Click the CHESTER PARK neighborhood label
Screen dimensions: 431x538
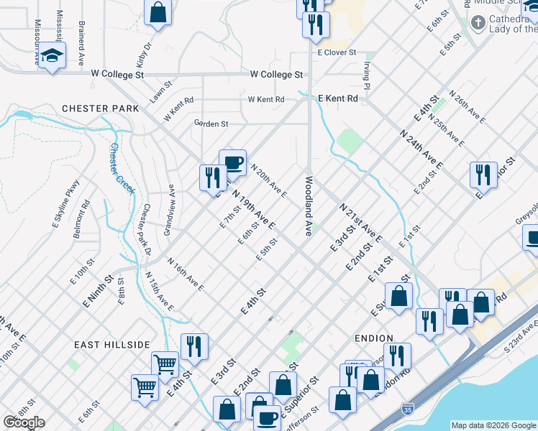tap(100, 108)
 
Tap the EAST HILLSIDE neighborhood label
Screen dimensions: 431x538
tap(111, 345)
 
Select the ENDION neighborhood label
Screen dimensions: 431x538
tap(373, 338)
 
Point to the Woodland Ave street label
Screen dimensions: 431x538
tap(308, 206)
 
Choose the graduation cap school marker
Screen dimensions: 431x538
tap(52, 56)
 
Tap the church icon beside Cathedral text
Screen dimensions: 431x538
tap(478, 22)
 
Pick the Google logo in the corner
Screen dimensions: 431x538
tap(24, 422)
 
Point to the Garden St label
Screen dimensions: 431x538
tap(211, 124)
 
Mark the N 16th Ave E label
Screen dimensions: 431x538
tap(186, 274)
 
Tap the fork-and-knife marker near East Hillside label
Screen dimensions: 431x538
tap(194, 346)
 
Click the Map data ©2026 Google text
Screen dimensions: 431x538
tap(493, 425)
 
